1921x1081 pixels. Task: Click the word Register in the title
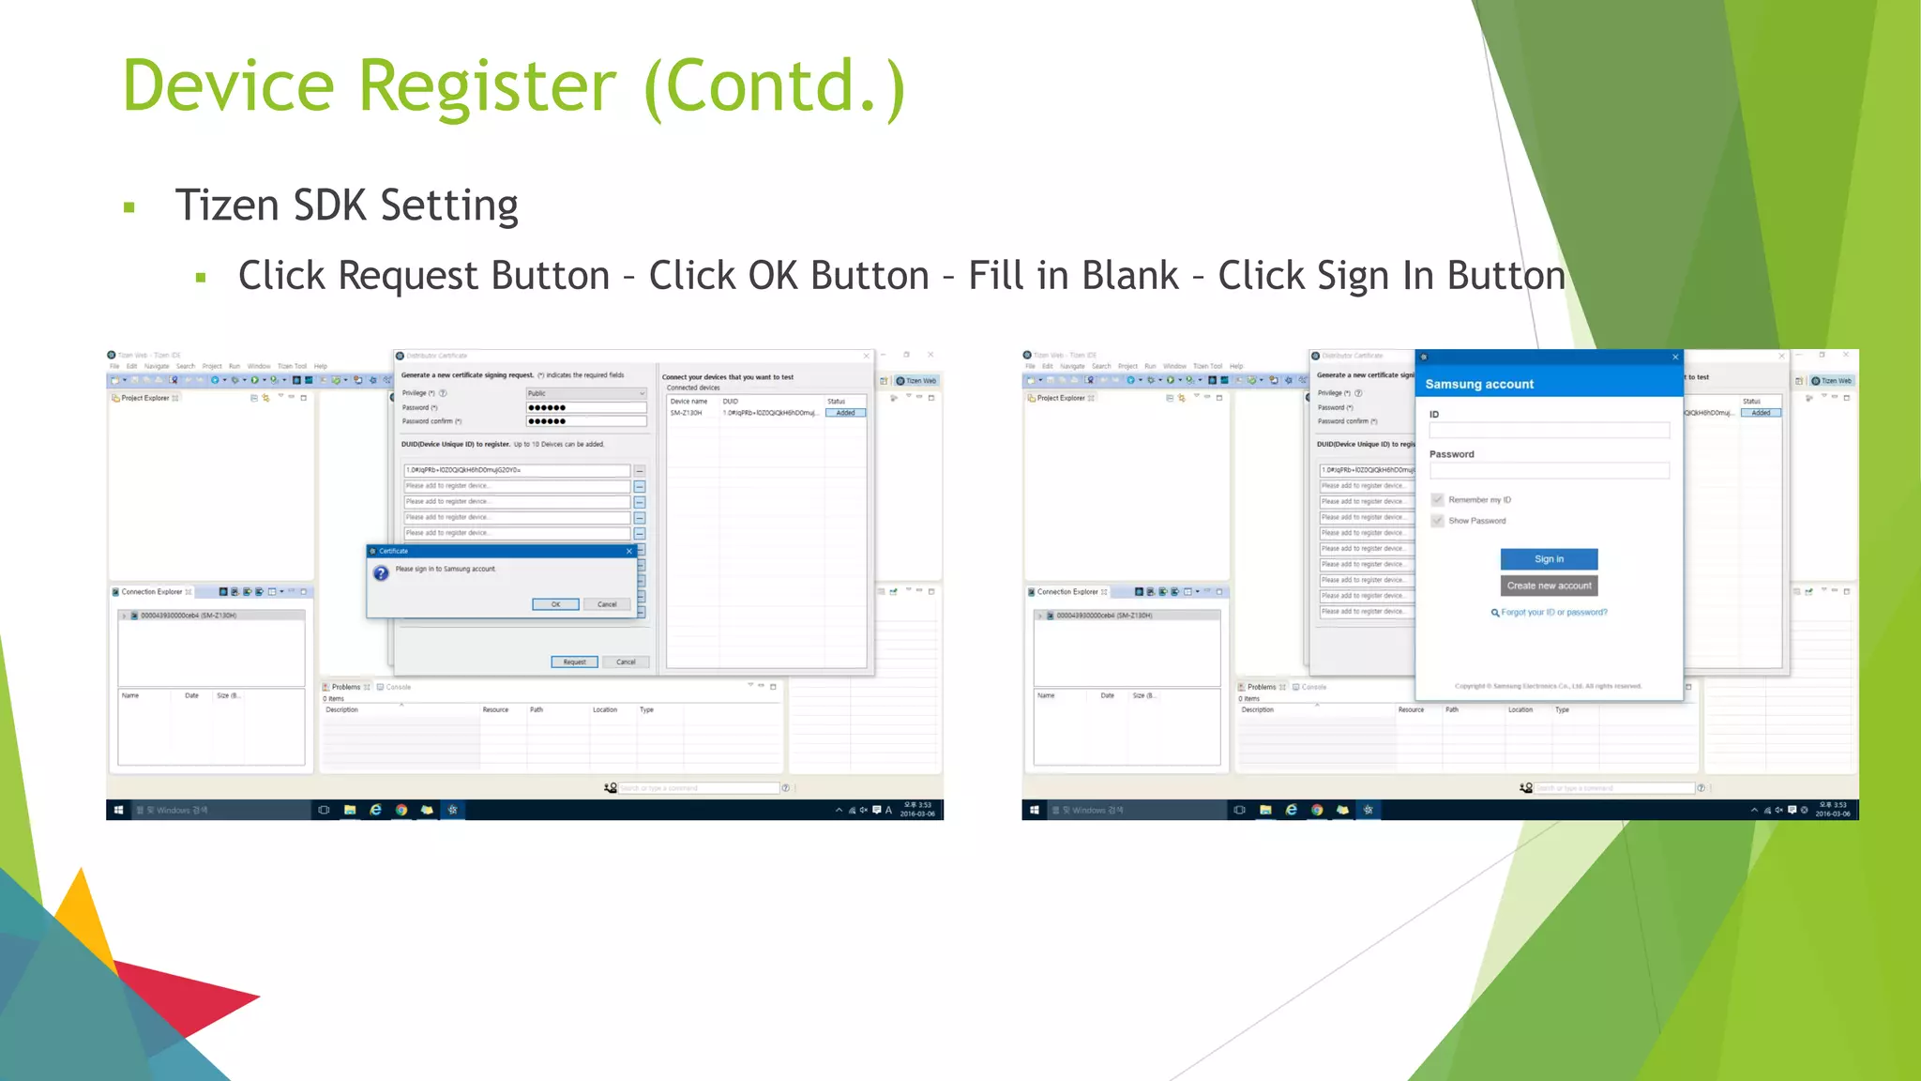point(487,86)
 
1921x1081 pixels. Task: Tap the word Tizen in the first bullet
point(226,205)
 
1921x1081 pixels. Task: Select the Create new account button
point(1549,586)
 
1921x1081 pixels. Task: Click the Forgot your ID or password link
point(1553,613)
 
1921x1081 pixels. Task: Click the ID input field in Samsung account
point(1549,431)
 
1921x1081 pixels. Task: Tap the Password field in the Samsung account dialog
point(1549,471)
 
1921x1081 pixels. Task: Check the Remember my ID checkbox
point(1437,499)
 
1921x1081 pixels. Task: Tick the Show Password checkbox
point(1437,521)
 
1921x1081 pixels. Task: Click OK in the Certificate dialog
point(555,604)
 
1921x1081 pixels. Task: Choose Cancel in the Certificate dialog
point(607,604)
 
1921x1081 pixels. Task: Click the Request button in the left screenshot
point(574,662)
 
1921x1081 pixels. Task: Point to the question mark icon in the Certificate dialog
point(381,572)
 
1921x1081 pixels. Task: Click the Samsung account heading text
point(1479,384)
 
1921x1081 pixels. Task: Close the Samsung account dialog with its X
point(1675,357)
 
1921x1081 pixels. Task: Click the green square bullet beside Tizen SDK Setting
point(129,207)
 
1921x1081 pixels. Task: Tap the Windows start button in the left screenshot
point(118,810)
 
